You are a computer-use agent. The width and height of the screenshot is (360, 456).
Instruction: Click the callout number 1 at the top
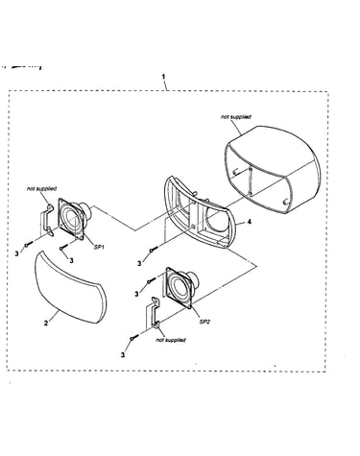tap(163, 77)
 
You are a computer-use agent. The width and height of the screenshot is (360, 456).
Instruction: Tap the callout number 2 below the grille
tap(46, 324)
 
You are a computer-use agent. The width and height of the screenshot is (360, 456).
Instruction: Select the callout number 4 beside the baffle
tap(249, 222)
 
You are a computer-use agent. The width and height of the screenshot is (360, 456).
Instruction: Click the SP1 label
tap(99, 247)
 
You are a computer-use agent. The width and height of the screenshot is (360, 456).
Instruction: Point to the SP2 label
tap(204, 322)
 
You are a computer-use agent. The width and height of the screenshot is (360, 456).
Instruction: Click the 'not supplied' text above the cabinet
tap(236, 117)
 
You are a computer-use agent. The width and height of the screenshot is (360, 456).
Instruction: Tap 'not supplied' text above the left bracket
tap(41, 189)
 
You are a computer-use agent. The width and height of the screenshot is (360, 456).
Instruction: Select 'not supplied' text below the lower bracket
tap(171, 340)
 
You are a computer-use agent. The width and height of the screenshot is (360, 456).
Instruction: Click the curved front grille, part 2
tap(70, 287)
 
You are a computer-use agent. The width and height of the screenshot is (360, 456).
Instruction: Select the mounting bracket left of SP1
tap(46, 221)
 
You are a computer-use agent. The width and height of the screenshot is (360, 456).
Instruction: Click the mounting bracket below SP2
tap(153, 313)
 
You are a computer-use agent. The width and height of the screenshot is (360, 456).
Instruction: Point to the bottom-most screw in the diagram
tap(134, 337)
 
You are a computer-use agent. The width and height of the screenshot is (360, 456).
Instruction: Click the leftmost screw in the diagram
tap(29, 244)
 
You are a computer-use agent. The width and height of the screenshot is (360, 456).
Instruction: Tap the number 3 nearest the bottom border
tap(123, 355)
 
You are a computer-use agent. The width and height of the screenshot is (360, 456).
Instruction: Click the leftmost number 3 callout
tap(16, 254)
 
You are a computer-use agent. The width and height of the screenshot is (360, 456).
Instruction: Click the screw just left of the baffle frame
tap(153, 250)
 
